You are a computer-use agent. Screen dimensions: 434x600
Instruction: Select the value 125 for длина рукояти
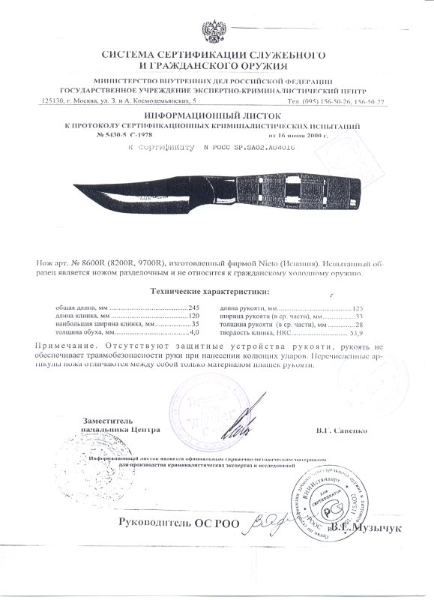357,308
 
